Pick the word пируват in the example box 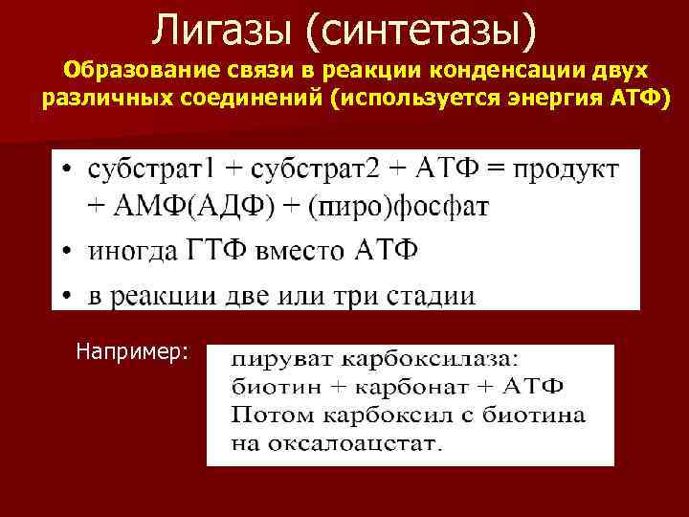pyautogui.click(x=278, y=360)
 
